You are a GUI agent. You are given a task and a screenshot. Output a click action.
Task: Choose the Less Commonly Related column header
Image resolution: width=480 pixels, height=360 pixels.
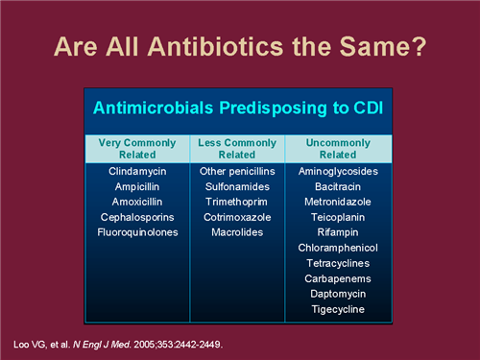(x=238, y=149)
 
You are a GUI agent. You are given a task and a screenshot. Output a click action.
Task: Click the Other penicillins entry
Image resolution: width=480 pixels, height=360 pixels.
(x=238, y=172)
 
